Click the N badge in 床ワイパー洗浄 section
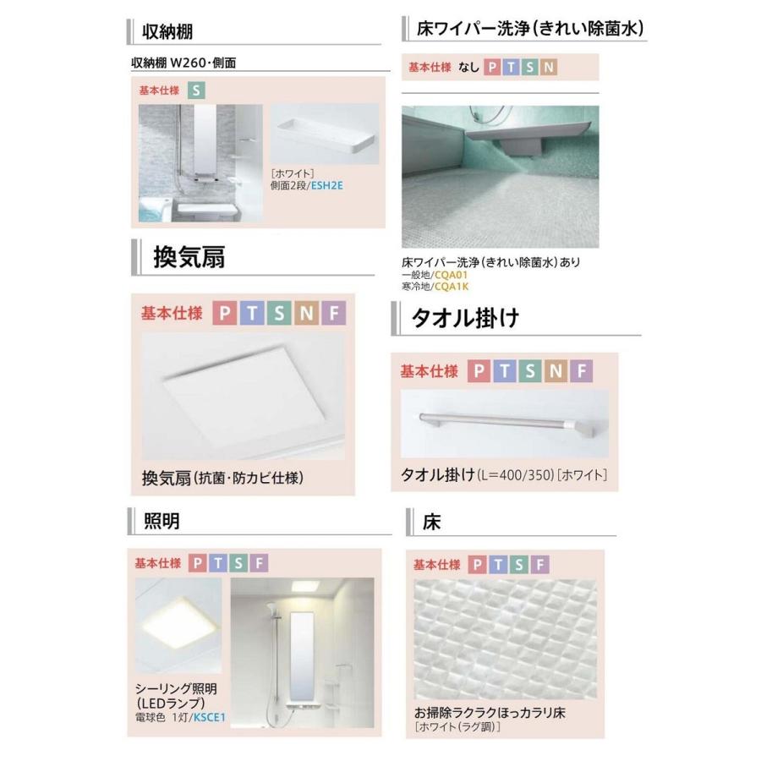pyautogui.click(x=550, y=67)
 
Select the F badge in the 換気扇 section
pyautogui.click(x=334, y=313)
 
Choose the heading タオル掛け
pyautogui.click(x=464, y=319)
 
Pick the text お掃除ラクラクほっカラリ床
pyautogui.click(x=490, y=713)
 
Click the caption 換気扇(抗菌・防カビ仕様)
pyautogui.click(x=222, y=478)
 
